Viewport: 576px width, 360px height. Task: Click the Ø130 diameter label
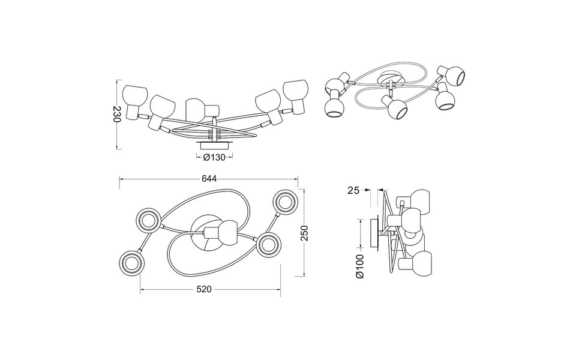click(x=214, y=157)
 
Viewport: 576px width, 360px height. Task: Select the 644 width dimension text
click(x=209, y=178)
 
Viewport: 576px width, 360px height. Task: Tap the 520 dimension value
click(x=205, y=289)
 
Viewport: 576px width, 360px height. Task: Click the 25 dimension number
click(x=354, y=190)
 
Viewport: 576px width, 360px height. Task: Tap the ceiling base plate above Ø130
click(x=214, y=145)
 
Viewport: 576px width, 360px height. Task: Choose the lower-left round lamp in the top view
click(x=131, y=262)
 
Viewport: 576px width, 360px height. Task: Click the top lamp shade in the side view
click(x=419, y=202)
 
